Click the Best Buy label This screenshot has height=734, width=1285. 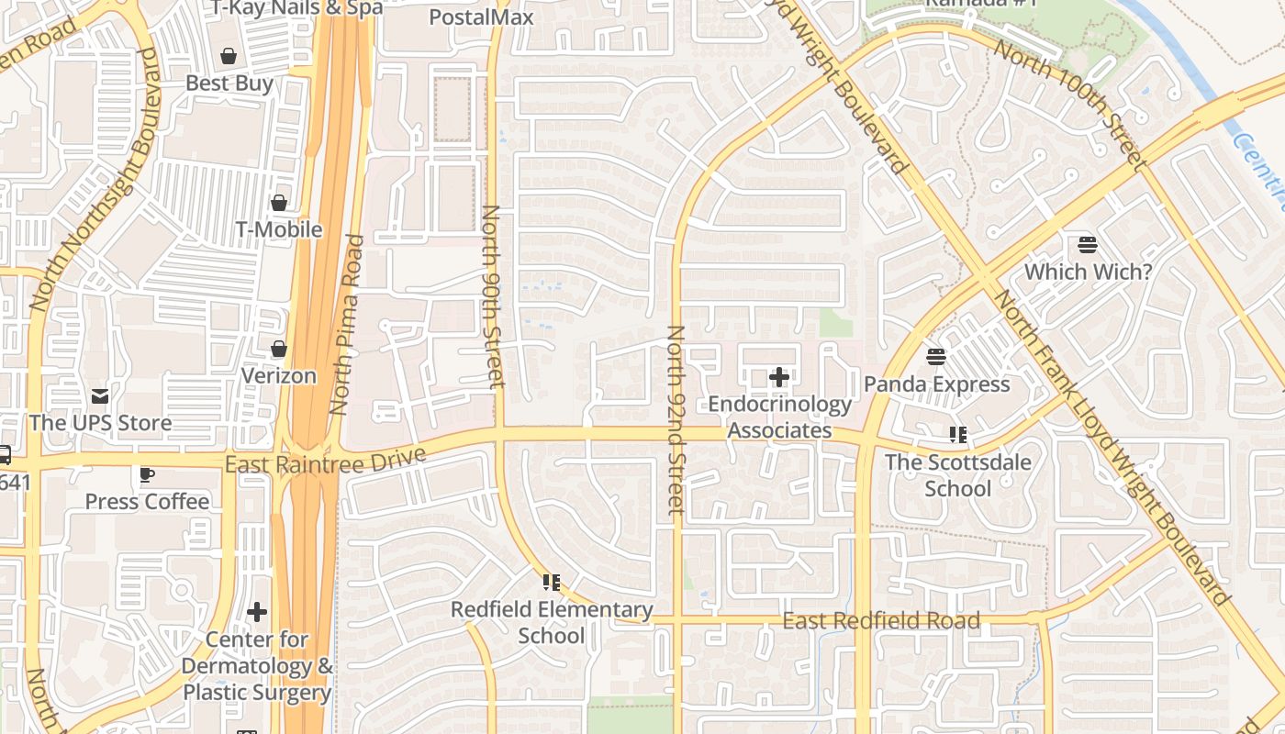point(229,83)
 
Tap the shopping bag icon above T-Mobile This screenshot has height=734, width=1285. point(279,203)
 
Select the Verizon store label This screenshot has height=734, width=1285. point(278,376)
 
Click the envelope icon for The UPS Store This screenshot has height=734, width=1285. point(100,396)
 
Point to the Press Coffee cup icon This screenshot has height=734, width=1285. point(146,475)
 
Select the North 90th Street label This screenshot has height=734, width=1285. point(493,295)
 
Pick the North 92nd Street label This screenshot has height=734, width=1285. point(676,418)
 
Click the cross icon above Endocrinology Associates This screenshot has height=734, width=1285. point(779,376)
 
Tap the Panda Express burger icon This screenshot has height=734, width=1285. point(936,357)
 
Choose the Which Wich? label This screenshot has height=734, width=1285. point(1088,272)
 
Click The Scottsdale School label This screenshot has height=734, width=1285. point(957,475)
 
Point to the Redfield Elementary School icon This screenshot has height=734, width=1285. point(551,582)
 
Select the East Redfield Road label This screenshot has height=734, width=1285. point(880,621)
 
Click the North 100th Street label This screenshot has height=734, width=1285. point(1070,105)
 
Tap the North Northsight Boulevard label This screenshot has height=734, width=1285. point(95,179)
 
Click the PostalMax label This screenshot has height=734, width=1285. point(481,17)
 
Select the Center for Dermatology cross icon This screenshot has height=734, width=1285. point(257,612)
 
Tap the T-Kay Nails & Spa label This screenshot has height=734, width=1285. point(296,8)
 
